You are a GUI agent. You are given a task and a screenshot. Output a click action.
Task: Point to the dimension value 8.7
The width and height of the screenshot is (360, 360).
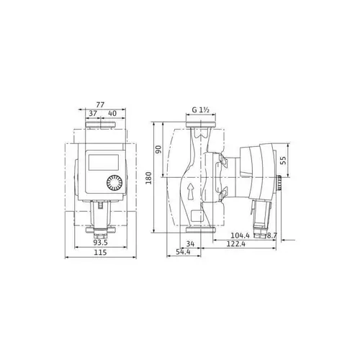tap(271, 235)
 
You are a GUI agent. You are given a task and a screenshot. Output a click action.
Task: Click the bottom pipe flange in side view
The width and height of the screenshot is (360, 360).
tap(201, 231)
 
